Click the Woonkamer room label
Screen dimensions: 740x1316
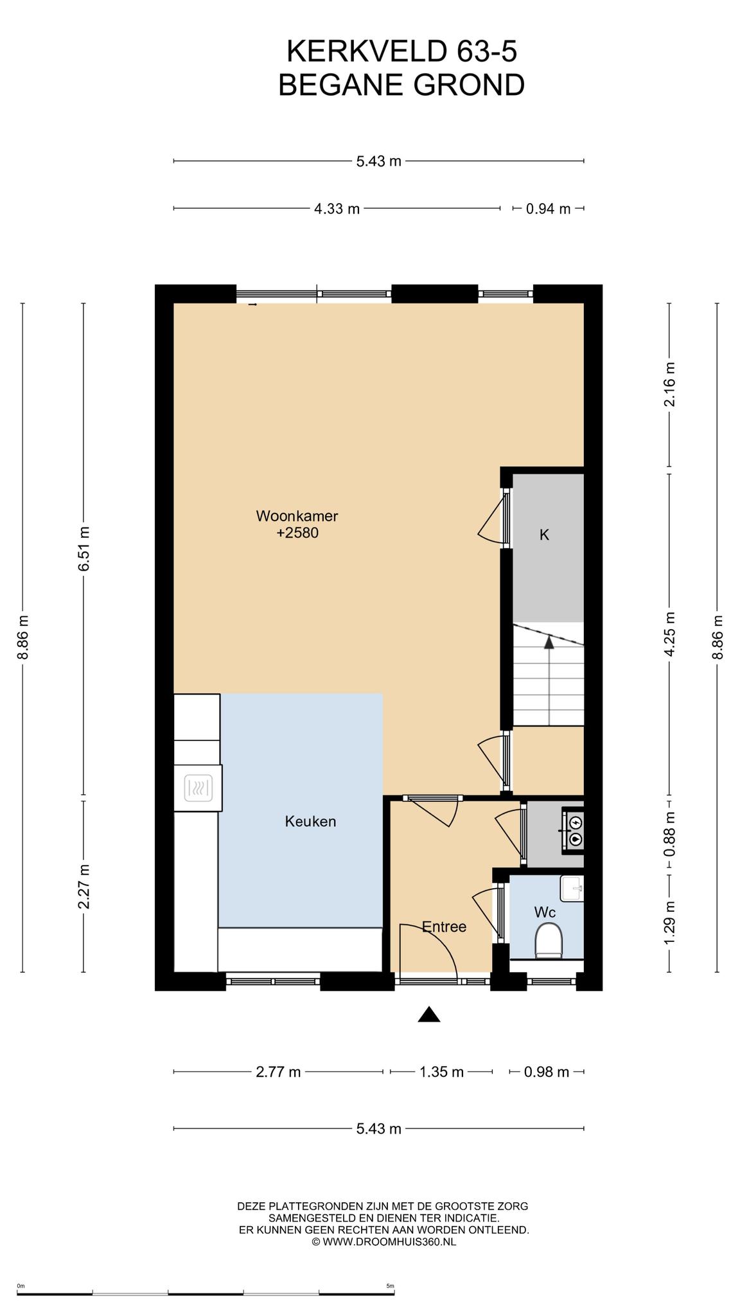pyautogui.click(x=297, y=516)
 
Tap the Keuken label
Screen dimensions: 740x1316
pyautogui.click(x=311, y=821)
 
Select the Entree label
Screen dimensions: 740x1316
pyautogui.click(x=444, y=927)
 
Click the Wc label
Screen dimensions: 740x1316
pyautogui.click(x=545, y=912)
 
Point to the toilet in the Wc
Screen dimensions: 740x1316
pyautogui.click(x=549, y=940)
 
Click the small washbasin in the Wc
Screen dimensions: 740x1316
pyautogui.click(x=572, y=889)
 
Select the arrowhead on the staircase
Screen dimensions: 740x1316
pyautogui.click(x=549, y=641)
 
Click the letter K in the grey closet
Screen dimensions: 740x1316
pyautogui.click(x=544, y=535)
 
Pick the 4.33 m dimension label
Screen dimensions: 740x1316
pyautogui.click(x=337, y=209)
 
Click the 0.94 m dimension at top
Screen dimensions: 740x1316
pyautogui.click(x=549, y=209)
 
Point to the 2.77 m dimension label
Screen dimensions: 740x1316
pyautogui.click(x=278, y=1072)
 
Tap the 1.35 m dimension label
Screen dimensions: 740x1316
pyautogui.click(x=441, y=1072)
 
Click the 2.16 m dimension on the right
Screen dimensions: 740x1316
pyautogui.click(x=670, y=384)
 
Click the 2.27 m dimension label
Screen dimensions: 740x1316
pyautogui.click(x=84, y=887)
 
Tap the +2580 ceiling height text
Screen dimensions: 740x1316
pyautogui.click(x=297, y=533)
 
